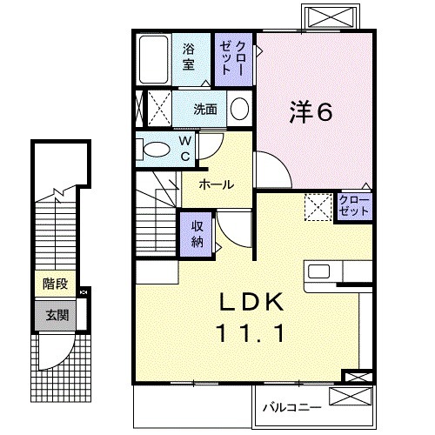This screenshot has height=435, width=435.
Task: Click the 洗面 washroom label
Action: (x=205, y=110)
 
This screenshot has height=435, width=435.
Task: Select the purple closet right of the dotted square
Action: (x=354, y=207)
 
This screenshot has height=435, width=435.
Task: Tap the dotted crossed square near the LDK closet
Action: (x=317, y=207)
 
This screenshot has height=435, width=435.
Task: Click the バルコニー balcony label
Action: (x=291, y=406)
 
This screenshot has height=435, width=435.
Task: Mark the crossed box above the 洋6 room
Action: (x=330, y=17)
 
